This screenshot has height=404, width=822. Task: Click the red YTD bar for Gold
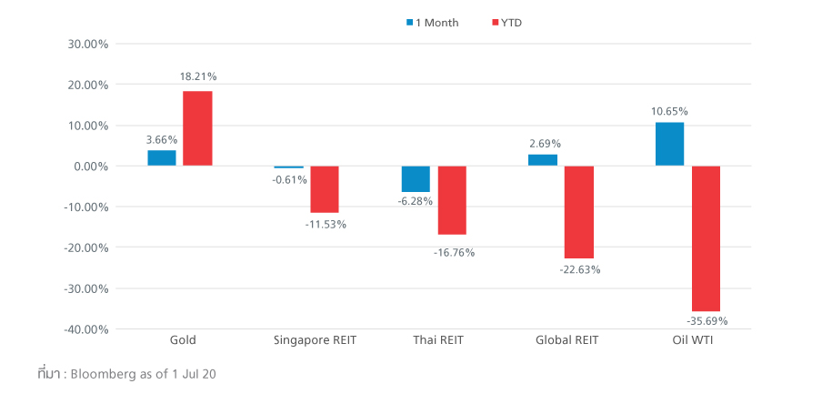(x=197, y=128)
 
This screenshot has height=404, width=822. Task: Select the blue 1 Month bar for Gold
(x=162, y=158)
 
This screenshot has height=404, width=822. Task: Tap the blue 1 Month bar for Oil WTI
(x=669, y=144)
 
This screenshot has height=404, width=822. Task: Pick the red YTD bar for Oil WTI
(x=706, y=238)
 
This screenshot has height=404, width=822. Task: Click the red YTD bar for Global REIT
(x=579, y=212)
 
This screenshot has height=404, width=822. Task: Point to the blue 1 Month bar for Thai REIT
(x=416, y=178)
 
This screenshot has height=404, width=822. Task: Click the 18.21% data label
(x=197, y=77)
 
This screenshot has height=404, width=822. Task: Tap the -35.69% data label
(x=707, y=321)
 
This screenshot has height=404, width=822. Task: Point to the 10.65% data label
(x=669, y=111)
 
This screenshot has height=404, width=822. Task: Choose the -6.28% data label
(x=416, y=201)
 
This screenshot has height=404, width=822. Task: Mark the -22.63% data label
(x=579, y=269)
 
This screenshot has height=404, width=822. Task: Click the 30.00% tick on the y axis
(x=89, y=44)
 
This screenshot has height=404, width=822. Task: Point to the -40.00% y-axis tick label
(x=87, y=329)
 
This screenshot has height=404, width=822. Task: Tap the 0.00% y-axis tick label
(x=91, y=167)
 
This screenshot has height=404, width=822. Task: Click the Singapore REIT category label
(x=315, y=340)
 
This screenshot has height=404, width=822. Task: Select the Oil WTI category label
(x=687, y=340)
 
